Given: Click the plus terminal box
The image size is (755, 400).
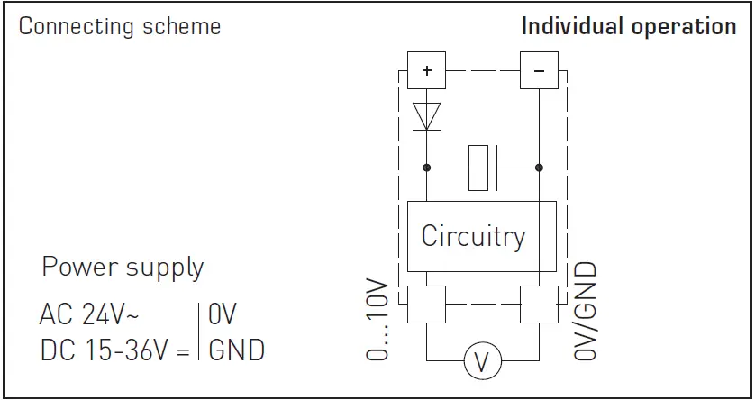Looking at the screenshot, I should [x=426, y=70].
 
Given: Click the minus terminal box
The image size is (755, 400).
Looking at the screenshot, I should [x=539, y=70].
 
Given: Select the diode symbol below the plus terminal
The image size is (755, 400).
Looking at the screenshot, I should [x=426, y=115].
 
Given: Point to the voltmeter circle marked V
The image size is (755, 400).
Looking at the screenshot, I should [x=482, y=362].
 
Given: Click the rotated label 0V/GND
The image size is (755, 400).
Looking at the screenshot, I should [x=586, y=311].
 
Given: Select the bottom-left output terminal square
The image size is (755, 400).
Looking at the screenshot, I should [x=426, y=305].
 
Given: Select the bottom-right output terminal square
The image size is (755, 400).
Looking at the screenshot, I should [x=539, y=305].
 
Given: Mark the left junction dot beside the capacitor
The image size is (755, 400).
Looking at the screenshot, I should [x=426, y=168].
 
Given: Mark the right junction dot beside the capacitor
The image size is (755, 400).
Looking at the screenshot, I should [x=539, y=168].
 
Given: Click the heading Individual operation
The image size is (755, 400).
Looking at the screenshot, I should [x=629, y=26].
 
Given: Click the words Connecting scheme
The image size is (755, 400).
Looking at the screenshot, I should [x=120, y=26].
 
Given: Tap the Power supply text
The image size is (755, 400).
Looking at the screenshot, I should [x=123, y=268].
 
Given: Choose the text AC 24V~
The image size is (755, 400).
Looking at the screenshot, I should [x=89, y=315].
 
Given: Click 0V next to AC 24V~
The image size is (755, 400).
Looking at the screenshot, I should [x=222, y=315].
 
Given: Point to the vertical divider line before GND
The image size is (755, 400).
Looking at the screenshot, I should [x=198, y=332].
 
